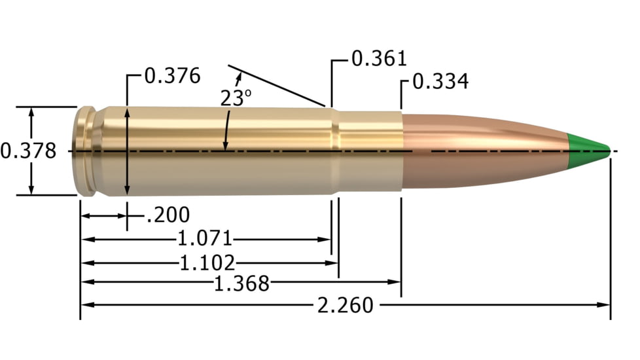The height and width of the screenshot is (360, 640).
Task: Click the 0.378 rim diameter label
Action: [x=28, y=151]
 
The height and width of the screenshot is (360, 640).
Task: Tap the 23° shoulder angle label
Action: [x=236, y=98]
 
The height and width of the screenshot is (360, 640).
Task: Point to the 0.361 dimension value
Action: [x=379, y=59]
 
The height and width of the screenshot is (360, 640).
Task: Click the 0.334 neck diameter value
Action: [x=440, y=82]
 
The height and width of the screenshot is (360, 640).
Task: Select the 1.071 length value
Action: [x=205, y=239]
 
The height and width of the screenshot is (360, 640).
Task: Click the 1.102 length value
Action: [x=207, y=263]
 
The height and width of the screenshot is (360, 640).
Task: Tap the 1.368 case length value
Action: [x=241, y=283]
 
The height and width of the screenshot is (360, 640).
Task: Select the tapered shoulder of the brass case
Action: [x=334, y=151]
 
